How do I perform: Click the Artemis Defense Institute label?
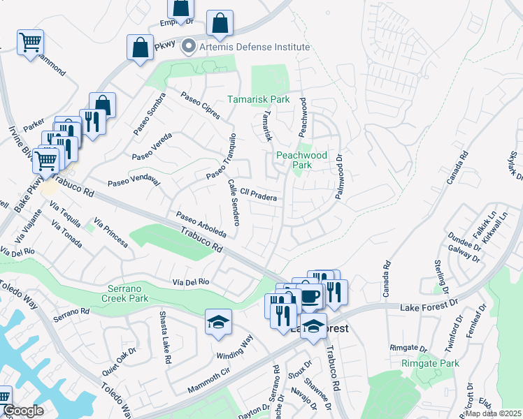[x=254, y=47]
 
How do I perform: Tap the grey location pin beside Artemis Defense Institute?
[x=188, y=47]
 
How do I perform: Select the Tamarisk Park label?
[x=258, y=100]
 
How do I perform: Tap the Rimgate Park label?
[x=431, y=363]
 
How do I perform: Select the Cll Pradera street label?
[x=258, y=194]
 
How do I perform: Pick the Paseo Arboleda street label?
[x=201, y=223]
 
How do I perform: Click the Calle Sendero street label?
[x=234, y=202]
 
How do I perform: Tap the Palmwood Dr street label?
[x=339, y=177]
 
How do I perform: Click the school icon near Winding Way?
[x=218, y=322]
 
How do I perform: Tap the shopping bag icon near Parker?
[x=102, y=105]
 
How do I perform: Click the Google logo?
[x=23, y=411]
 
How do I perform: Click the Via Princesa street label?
[x=110, y=233]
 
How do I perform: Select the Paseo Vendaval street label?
[x=134, y=182]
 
